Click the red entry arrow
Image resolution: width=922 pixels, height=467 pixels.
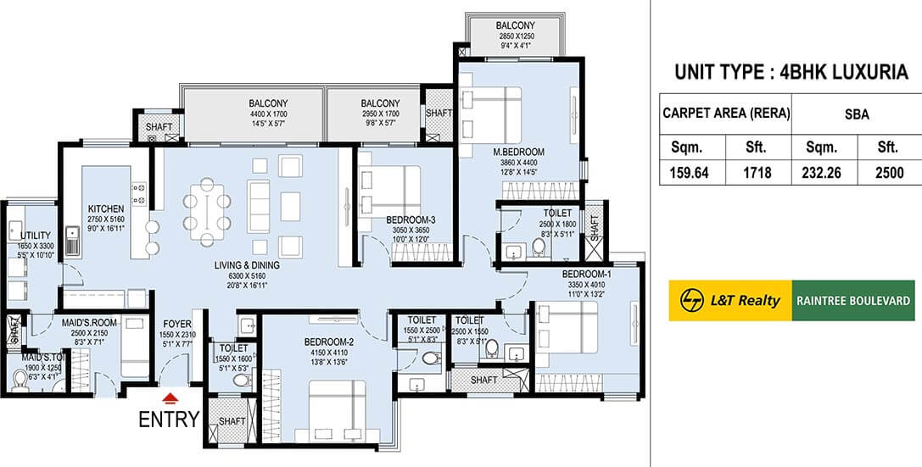[170, 396]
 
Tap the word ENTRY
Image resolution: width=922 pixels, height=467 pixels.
[170, 418]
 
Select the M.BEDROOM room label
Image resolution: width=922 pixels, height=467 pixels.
[519, 152]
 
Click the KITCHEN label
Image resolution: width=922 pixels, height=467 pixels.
[106, 208]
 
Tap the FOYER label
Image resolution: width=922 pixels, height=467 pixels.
[176, 324]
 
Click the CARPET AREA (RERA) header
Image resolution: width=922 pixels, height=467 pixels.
[725, 112]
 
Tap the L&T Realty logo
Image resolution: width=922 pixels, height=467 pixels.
[730, 300]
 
